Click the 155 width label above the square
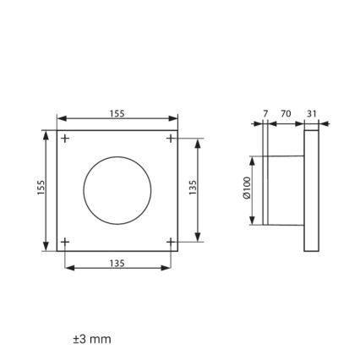(117, 113)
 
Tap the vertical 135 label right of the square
(193, 187)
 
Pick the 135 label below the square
(117, 263)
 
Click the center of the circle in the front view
(117, 190)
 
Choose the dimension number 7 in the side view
(265, 113)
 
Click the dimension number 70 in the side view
(286, 113)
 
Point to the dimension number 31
(311, 113)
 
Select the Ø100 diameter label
(247, 188)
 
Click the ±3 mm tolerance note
(92, 339)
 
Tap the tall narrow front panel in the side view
(311, 190)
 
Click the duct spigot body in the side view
(286, 190)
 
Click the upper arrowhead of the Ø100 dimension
(252, 160)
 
